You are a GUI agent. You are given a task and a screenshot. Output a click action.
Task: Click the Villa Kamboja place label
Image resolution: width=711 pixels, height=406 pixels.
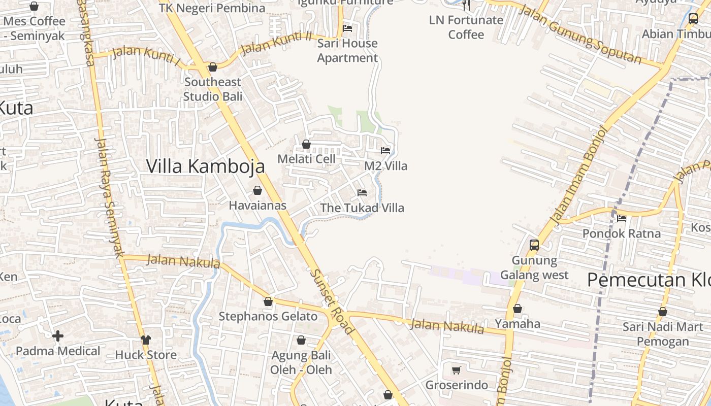point(206,166)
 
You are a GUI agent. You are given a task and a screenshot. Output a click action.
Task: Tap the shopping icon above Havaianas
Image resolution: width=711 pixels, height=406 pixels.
point(257,190)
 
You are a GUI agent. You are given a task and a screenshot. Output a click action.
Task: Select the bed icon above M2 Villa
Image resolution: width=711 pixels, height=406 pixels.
point(385,151)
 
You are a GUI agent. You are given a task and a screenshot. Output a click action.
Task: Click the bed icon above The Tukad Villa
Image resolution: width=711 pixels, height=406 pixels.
point(362,193)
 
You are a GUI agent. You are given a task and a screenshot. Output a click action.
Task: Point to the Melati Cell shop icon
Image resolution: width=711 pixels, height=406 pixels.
point(306,144)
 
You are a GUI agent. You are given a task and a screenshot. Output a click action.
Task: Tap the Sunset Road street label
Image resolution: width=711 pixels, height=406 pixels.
point(332,302)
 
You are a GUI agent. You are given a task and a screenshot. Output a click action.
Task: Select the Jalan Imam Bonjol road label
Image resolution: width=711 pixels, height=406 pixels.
point(579,175)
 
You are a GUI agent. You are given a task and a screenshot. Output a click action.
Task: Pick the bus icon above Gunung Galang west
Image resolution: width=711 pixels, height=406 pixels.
point(534,245)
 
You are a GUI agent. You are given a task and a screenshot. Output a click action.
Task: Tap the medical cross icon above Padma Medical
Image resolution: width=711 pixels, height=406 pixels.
point(58,335)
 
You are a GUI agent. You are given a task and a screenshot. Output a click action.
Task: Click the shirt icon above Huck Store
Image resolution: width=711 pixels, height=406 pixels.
point(146,340)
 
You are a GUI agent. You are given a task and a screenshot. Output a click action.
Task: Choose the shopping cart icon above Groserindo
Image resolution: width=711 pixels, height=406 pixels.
point(456,370)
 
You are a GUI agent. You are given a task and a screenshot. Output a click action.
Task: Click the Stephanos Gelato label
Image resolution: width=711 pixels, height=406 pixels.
point(268,316)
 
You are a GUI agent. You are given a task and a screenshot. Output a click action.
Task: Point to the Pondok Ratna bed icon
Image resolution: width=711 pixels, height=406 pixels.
point(621,219)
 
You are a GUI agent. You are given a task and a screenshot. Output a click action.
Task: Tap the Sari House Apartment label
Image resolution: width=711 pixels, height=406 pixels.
point(347,50)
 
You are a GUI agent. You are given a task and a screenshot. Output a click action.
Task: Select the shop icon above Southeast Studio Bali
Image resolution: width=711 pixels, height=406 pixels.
point(213,67)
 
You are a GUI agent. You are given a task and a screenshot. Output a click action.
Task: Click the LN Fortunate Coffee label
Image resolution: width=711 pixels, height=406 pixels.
point(466,27)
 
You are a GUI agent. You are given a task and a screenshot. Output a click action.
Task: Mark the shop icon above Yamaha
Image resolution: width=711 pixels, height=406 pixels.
point(518,309)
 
